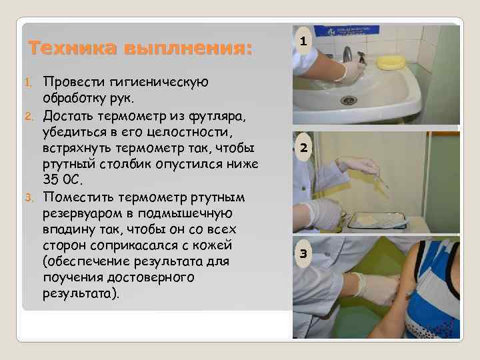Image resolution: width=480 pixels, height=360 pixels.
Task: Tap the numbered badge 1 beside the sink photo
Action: pos(303,42)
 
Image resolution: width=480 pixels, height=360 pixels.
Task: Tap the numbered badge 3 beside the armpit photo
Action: pos(303,253)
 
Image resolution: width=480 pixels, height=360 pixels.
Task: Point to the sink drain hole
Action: pos(349,100)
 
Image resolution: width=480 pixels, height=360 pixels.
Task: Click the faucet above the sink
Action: pos(347,54)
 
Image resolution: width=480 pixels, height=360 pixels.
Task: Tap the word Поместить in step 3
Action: pos(79,198)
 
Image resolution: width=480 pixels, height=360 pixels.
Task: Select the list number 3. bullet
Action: pos(30,198)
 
